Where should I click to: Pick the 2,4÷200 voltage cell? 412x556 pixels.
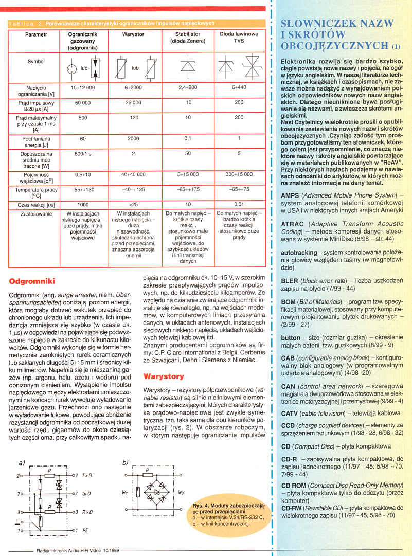point(188,88)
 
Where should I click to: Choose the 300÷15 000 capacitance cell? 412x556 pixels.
point(239,174)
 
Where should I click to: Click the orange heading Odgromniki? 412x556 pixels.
point(32,282)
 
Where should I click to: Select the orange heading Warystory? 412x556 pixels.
point(163,376)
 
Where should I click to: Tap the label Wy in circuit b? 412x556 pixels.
point(181,492)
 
